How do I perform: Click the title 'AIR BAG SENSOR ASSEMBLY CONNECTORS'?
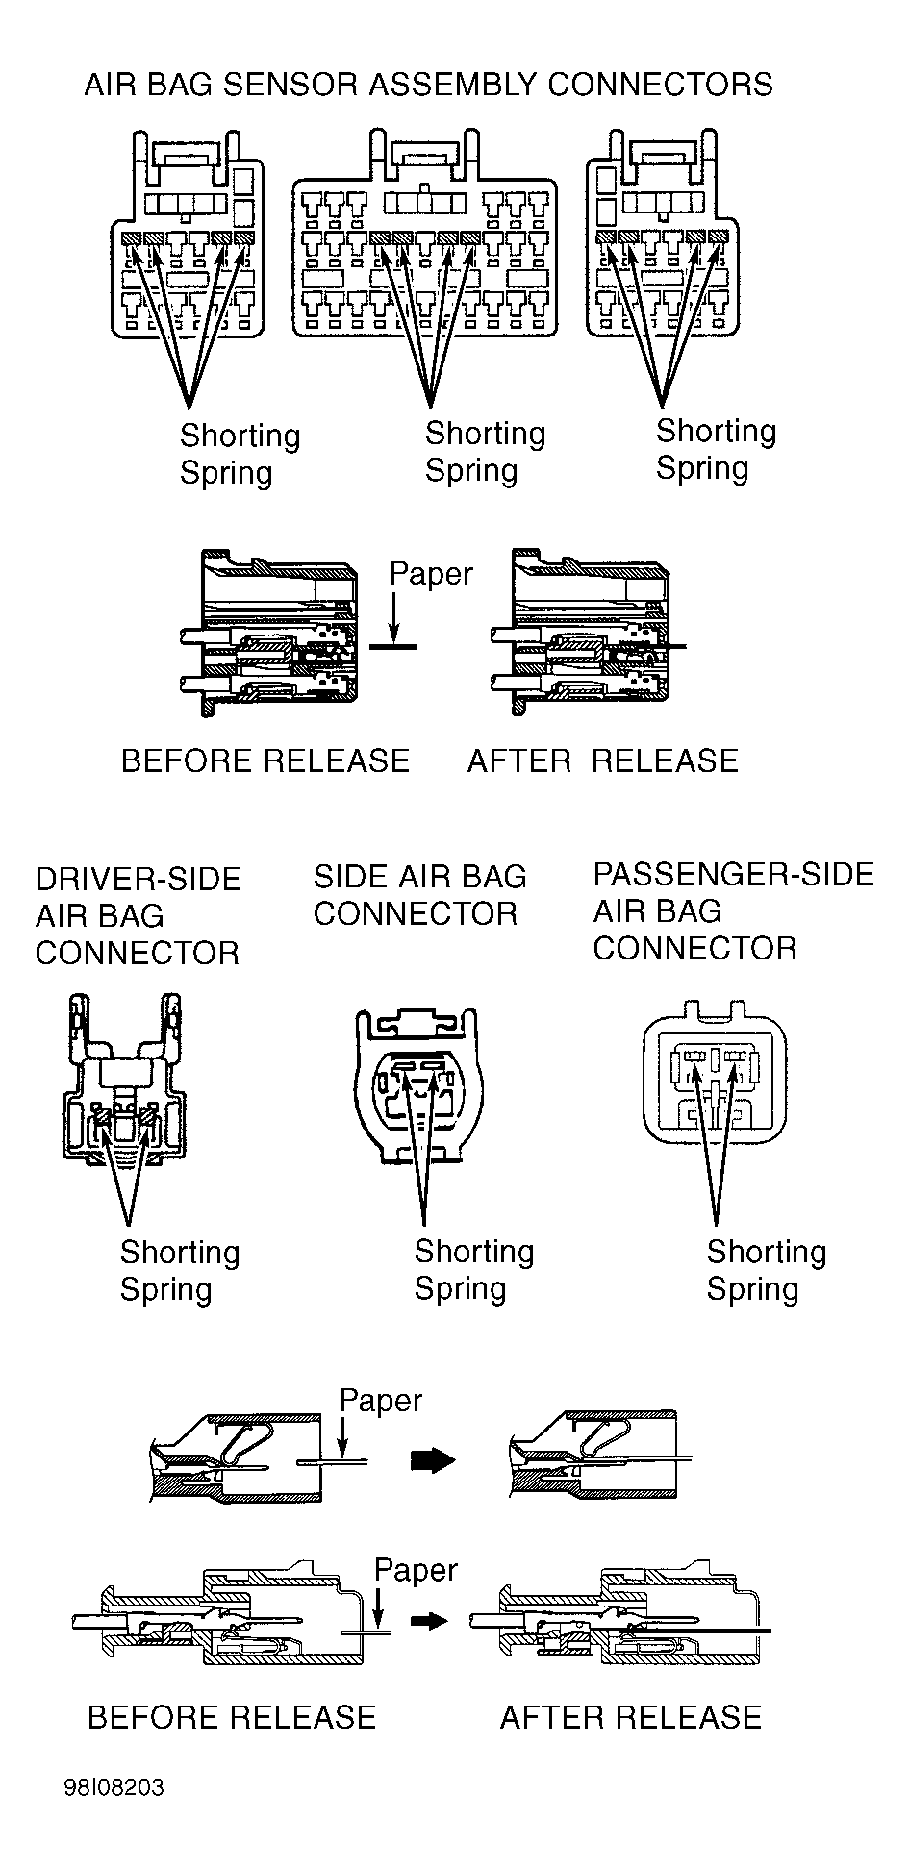(x=428, y=85)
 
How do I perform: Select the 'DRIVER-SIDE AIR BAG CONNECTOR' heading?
(x=138, y=916)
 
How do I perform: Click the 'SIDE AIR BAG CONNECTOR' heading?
(x=420, y=895)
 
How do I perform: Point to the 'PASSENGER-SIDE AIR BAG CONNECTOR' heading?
(x=733, y=911)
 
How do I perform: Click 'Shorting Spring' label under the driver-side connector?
(x=180, y=1270)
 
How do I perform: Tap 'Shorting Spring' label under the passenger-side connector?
(x=767, y=1269)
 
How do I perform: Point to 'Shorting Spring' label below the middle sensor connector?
(x=485, y=451)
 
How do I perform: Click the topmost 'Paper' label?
(x=431, y=574)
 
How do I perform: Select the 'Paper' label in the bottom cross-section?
(x=416, y=1569)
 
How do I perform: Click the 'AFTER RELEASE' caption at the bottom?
(x=630, y=1717)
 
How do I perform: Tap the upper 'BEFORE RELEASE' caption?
(x=265, y=760)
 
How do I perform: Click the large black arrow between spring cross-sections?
(x=433, y=1460)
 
